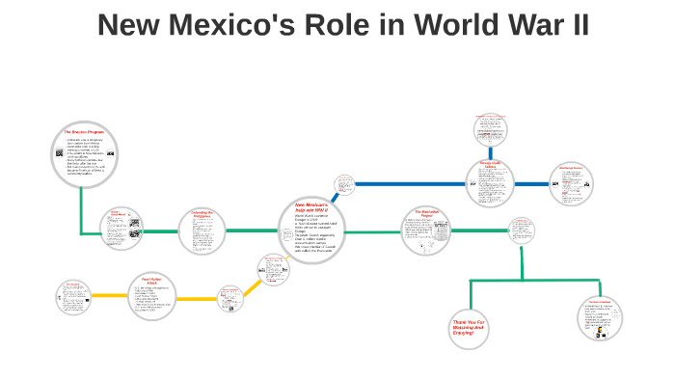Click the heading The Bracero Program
[x=83, y=130]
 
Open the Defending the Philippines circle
[x=202, y=231]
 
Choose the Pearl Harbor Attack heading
[x=155, y=281]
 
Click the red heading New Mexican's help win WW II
[x=311, y=208]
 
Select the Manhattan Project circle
[x=425, y=231]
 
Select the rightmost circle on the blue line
[x=571, y=182]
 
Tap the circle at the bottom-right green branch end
[x=601, y=318]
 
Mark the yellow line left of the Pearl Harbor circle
[x=110, y=295]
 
